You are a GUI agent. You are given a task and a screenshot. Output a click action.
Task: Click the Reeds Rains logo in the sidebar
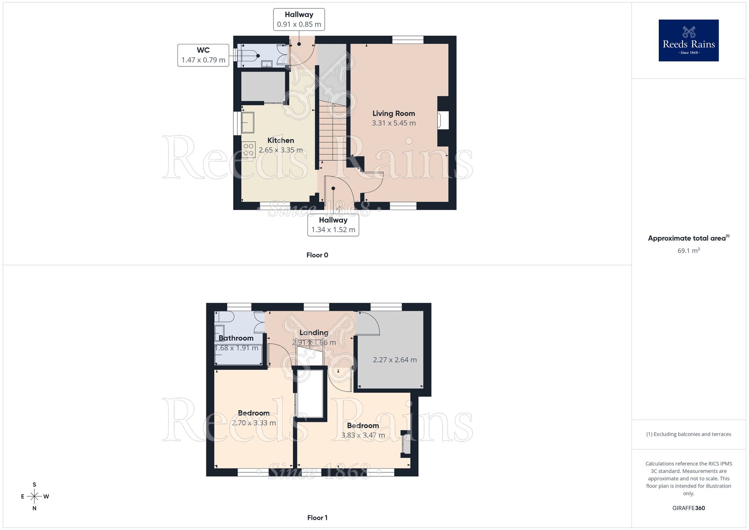point(688,40)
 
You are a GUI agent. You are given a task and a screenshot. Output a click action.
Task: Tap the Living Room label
point(394,113)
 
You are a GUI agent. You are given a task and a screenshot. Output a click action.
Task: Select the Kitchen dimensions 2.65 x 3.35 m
point(281,150)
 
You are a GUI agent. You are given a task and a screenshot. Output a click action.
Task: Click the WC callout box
point(203,55)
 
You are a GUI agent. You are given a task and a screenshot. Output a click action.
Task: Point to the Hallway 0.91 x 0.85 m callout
point(299,19)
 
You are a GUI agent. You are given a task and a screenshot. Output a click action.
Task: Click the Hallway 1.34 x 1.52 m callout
point(333,225)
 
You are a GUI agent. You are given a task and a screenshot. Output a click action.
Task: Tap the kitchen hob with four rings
point(248,150)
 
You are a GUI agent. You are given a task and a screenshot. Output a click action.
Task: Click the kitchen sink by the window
point(248,123)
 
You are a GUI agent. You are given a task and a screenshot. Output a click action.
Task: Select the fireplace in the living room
point(443,121)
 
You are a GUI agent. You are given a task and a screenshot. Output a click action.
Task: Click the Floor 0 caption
point(317,255)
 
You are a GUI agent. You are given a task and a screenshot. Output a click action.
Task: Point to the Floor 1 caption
point(317,518)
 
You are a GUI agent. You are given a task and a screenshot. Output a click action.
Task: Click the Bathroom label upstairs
point(236,338)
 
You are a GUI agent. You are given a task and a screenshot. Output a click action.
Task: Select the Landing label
point(313,332)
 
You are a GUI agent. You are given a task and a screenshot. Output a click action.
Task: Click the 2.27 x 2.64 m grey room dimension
point(395,360)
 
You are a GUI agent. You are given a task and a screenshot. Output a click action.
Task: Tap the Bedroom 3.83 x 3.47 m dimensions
point(363,435)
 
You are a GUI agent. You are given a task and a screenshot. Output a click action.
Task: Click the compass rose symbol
point(34,497)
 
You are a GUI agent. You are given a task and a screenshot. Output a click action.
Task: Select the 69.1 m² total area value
point(688,250)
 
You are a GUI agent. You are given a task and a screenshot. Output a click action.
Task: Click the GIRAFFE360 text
point(688,508)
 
